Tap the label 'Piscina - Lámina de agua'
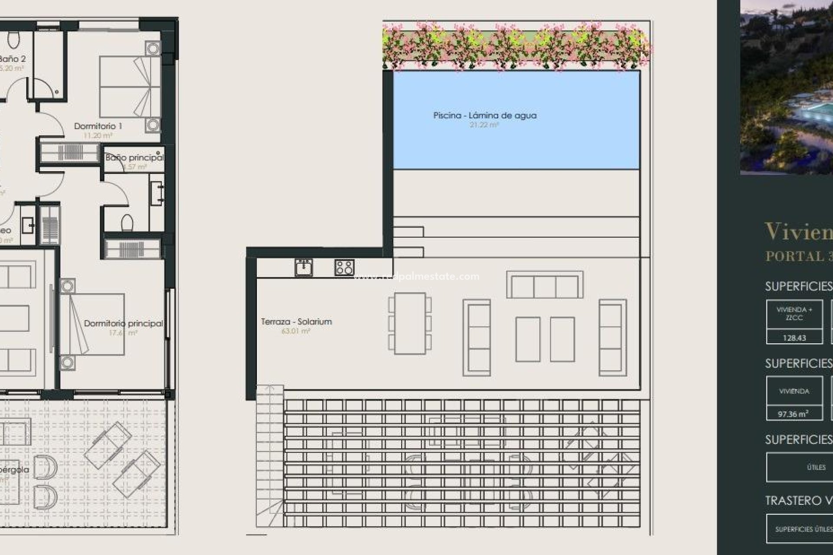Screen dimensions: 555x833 coord(485,115)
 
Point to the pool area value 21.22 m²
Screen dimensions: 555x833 coord(484,125)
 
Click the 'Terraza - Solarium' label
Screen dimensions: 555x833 coord(296,322)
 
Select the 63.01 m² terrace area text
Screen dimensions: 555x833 coord(296,331)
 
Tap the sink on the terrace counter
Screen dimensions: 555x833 coord(303,267)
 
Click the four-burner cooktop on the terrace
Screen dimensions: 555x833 coord(344,268)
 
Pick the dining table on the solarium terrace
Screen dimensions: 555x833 coord(410,323)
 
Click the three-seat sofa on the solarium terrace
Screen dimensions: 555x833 coord(544,285)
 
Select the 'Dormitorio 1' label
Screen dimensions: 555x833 coord(98,126)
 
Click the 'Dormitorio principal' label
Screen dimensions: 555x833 coord(124,323)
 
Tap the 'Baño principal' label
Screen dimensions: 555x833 coord(134,157)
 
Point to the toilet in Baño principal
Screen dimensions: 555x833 coord(127,224)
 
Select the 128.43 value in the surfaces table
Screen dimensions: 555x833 coord(794,338)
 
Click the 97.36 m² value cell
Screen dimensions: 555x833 coord(793,414)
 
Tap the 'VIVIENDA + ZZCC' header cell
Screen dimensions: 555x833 coord(794,313)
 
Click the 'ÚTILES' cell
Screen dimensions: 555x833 coord(816,467)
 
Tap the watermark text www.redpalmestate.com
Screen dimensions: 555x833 coord(416,277)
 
